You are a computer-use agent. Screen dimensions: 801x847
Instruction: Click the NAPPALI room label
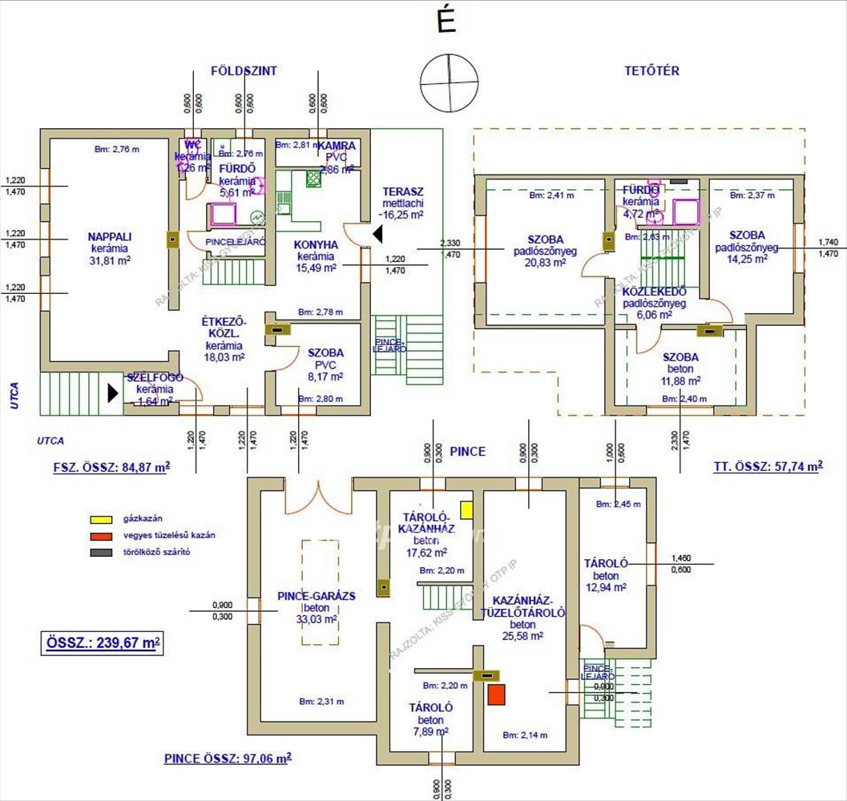click(111, 237)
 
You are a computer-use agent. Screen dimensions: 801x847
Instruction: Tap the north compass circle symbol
click(450, 83)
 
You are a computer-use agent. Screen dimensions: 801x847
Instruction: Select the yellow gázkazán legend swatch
click(100, 519)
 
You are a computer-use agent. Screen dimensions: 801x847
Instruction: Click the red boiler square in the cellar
click(497, 694)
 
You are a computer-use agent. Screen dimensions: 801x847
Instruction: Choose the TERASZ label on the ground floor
click(402, 191)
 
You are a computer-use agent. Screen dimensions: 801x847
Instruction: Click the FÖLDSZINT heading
click(244, 70)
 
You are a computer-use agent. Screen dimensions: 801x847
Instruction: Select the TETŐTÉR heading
click(651, 70)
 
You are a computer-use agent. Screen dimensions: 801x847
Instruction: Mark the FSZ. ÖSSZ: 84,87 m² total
click(104, 466)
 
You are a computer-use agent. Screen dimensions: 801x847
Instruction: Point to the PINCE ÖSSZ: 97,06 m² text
click(228, 757)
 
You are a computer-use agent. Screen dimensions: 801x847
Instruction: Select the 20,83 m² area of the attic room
click(547, 262)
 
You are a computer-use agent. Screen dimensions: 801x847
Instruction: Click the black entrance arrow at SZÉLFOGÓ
click(113, 392)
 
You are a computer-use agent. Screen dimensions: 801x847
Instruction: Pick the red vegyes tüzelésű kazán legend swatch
click(100, 535)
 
